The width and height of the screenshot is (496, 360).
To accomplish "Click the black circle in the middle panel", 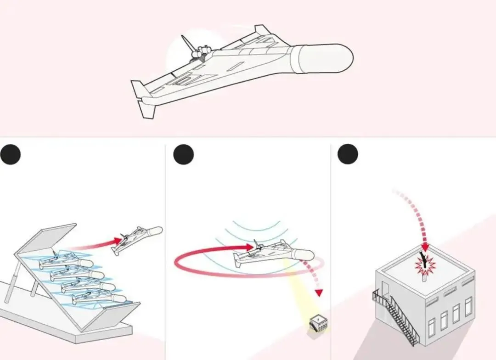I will [x=183, y=154].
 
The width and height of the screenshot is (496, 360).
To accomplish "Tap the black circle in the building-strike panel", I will [x=348, y=154].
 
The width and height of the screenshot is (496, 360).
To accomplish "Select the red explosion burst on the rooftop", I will [x=425, y=265].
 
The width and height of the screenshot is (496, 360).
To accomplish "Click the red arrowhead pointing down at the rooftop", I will [x=425, y=247].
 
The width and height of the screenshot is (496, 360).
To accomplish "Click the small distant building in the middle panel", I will [x=318, y=322].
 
